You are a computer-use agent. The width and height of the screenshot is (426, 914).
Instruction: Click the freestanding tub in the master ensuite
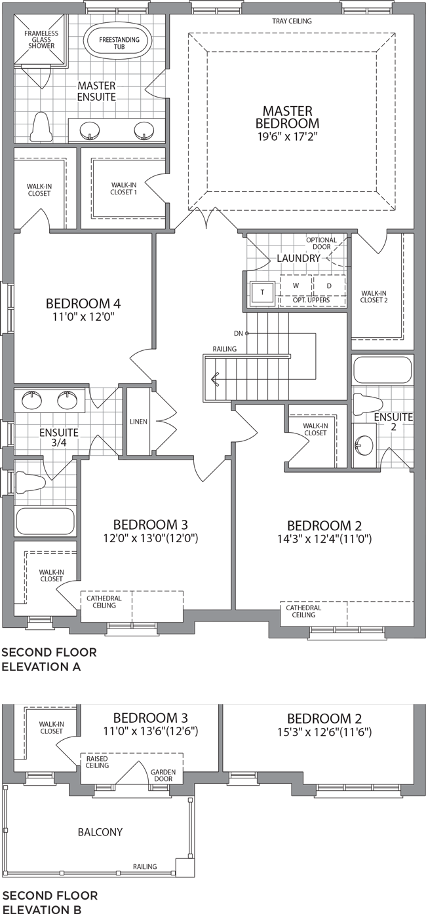point(118,43)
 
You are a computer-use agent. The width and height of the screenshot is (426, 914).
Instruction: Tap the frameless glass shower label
point(41,39)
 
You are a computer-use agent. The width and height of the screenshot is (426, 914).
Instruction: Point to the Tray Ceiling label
point(292,21)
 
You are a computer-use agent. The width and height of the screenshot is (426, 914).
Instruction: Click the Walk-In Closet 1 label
point(123,189)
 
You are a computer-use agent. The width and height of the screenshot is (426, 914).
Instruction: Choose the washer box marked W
point(296,285)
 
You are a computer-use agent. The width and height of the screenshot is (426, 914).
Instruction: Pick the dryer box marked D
point(329,285)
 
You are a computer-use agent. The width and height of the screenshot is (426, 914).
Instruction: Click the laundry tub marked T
point(262,292)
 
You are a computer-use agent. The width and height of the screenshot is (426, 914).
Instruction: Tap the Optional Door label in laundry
point(321,243)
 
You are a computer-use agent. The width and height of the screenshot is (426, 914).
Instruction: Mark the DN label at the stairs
point(239,333)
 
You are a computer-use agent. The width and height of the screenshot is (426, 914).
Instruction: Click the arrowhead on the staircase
point(214,379)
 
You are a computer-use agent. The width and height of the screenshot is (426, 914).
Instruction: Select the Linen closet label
point(138,422)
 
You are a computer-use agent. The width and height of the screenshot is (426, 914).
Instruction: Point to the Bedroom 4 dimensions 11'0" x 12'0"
point(83,317)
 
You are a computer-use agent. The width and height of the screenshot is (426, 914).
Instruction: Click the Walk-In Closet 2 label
point(374,297)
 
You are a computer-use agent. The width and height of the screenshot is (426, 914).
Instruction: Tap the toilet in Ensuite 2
point(368,404)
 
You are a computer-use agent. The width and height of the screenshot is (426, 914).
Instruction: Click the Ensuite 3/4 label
point(59,437)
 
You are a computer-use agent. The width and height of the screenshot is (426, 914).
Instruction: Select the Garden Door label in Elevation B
point(163,775)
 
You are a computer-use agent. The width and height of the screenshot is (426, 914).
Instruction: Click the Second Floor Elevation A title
point(49,659)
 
